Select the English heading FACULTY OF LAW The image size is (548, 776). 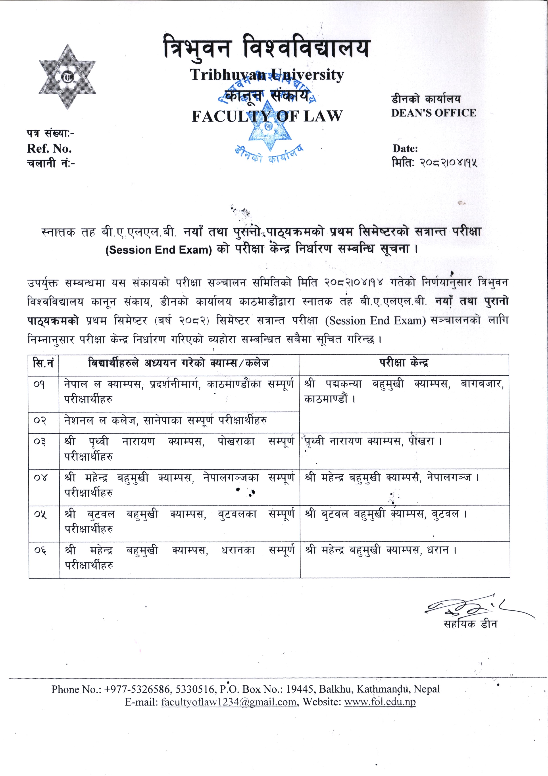[267, 116]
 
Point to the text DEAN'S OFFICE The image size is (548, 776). [434, 113]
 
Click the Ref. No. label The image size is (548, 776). [49, 148]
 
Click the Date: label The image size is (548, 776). [405, 148]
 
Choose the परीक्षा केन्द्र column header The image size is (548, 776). [404, 363]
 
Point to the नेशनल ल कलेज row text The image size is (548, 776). [166, 421]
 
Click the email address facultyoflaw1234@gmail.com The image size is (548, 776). [229, 702]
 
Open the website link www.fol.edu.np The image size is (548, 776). [380, 702]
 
